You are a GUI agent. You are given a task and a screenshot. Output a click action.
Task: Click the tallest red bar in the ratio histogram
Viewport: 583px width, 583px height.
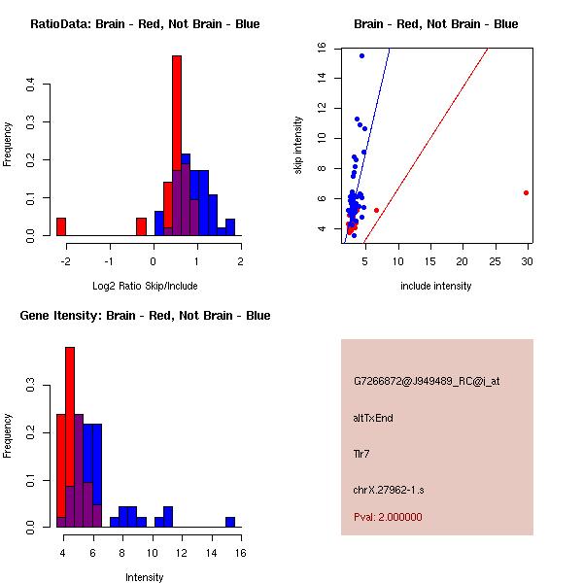point(177,146)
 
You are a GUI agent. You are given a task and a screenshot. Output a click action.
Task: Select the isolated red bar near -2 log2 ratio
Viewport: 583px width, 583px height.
point(61,226)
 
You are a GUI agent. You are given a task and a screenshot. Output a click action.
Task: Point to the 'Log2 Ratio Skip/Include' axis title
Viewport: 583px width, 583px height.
point(145,286)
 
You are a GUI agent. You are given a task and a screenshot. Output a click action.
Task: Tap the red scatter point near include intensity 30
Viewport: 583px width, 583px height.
point(526,192)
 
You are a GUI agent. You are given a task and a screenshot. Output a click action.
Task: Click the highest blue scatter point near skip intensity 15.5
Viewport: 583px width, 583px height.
point(361,55)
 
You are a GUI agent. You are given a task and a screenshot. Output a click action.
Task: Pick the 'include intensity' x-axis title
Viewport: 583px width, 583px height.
point(436,286)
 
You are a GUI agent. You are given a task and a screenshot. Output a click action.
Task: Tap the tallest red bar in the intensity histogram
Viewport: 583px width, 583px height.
point(70,437)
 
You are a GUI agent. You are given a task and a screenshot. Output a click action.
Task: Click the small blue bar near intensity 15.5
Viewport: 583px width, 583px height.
point(231,522)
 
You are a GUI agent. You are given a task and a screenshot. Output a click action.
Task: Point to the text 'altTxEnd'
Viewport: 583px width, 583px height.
point(374,418)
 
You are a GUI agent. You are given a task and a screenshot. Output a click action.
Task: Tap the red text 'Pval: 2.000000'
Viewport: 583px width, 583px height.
point(388,517)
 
